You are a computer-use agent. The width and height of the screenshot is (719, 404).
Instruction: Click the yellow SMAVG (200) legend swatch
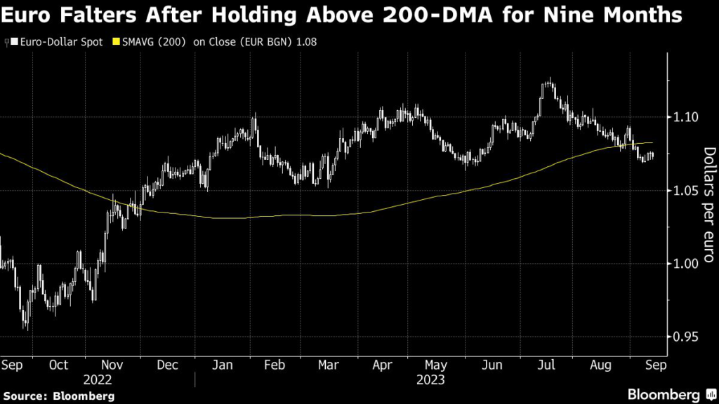click(116, 42)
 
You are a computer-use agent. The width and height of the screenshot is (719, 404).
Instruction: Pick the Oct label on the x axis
click(59, 365)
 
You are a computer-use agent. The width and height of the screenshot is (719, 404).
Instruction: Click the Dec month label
click(167, 365)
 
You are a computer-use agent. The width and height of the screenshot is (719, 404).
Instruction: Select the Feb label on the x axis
click(275, 365)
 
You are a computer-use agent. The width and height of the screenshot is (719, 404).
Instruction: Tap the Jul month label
click(545, 365)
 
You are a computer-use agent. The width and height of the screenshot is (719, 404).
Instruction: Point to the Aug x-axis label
click(599, 365)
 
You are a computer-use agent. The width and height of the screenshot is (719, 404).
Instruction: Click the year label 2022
click(98, 379)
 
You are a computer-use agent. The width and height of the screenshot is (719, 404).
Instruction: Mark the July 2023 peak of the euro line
click(548, 80)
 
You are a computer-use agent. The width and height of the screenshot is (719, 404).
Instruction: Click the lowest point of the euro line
click(27, 328)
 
